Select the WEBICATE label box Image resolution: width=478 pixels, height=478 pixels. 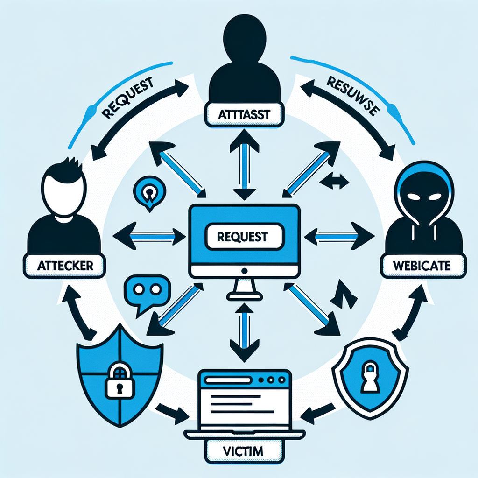[422, 267]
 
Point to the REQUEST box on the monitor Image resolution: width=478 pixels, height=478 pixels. [244, 237]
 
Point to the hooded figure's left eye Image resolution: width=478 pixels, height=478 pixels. [414, 198]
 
